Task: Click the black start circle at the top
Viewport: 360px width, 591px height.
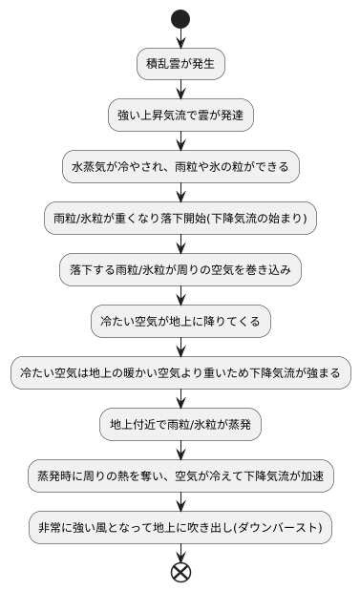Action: [180, 18]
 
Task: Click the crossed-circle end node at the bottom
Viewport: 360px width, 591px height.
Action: [180, 571]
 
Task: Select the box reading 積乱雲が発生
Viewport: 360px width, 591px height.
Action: [180, 64]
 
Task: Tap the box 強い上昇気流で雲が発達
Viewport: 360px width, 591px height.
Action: [180, 115]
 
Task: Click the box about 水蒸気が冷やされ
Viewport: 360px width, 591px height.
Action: [180, 166]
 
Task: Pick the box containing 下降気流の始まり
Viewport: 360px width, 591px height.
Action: [180, 218]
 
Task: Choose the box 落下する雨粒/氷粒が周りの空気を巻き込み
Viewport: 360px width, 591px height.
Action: [180, 269]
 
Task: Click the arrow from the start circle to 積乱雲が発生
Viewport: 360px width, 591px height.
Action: [180, 38]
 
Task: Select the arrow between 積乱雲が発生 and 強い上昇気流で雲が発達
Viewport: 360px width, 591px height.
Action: [180, 90]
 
